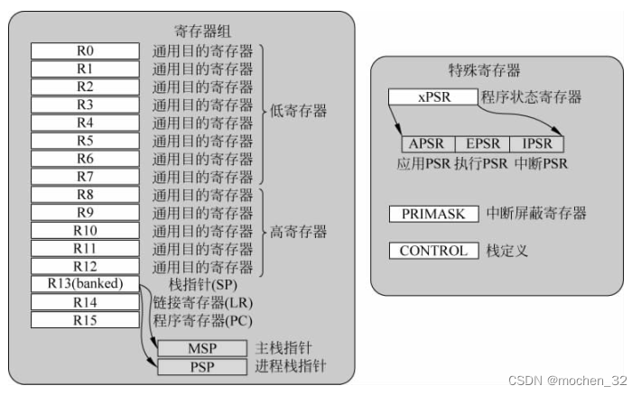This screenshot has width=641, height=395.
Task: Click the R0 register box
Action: pos(85,51)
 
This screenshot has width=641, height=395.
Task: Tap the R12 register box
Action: pos(85,266)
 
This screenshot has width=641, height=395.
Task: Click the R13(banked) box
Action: pos(85,284)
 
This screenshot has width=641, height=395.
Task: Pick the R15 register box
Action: pos(85,319)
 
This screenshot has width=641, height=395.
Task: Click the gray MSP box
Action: pos(200,348)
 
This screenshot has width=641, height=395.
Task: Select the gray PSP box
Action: pos(200,367)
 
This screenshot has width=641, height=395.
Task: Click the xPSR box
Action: pos(432,97)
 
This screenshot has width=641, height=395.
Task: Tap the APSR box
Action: pos(427,143)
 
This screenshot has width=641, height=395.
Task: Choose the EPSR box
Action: pos(481,143)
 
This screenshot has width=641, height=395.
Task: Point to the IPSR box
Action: pos(536,143)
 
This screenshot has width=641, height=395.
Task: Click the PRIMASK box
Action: pos(432,214)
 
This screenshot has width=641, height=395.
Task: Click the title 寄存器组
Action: pos(203,31)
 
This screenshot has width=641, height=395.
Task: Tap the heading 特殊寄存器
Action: pos(484,70)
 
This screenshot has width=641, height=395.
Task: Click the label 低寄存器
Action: pos(299,113)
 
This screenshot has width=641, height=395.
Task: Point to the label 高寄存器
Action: pos(299,232)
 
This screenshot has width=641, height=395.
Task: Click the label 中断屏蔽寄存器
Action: pos(536,214)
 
